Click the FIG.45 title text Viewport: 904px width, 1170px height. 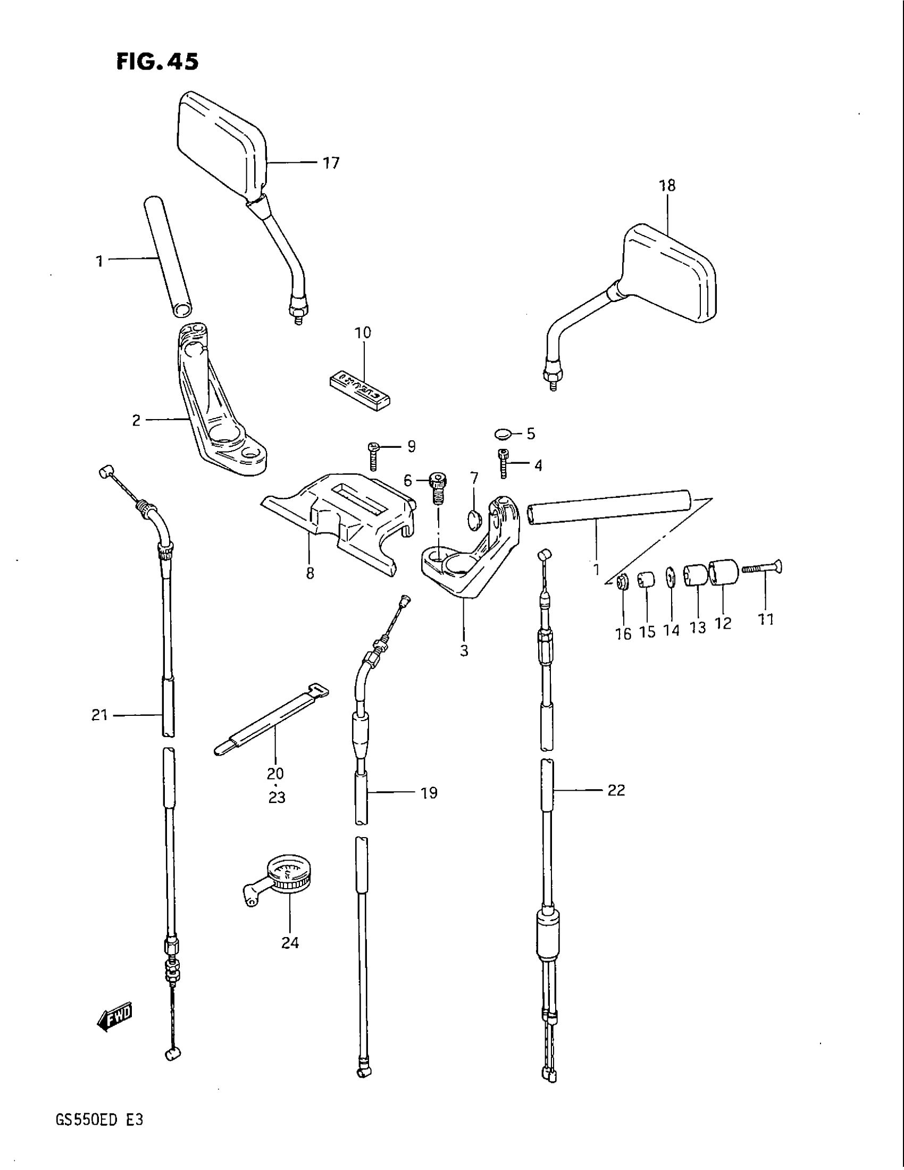tap(157, 62)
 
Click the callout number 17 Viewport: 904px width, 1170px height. tap(331, 162)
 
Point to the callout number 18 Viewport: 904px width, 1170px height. tap(667, 186)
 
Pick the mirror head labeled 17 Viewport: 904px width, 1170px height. tap(221, 145)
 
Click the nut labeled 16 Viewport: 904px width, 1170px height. tap(623, 582)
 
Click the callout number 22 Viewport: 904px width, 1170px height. tap(616, 790)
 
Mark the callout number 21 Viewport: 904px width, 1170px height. tap(99, 715)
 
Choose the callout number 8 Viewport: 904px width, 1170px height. tap(310, 573)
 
